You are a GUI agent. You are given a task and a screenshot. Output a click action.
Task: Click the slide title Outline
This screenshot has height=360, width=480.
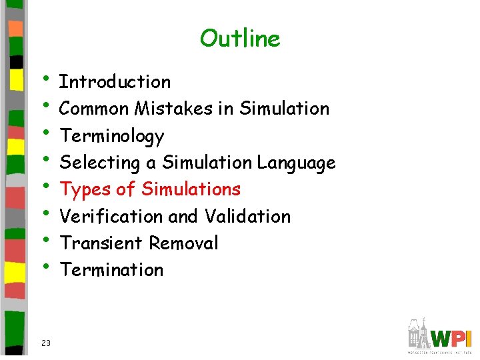[x=240, y=39]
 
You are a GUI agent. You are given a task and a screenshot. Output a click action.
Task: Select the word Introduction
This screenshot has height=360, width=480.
[x=115, y=82]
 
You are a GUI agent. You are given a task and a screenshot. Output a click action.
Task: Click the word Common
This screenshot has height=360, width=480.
[x=94, y=109]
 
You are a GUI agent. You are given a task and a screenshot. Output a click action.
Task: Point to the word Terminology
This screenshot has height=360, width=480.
[x=112, y=136]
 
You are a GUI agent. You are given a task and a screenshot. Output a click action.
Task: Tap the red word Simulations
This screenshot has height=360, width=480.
[x=191, y=189]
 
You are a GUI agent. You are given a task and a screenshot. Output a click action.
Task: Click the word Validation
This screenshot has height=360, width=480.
[x=247, y=217]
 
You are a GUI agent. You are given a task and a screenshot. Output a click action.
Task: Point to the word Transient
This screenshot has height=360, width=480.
[x=102, y=243]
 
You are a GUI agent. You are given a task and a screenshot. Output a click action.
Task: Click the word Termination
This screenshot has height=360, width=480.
[x=111, y=270]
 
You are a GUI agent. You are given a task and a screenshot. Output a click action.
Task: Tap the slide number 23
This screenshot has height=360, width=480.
[x=46, y=343]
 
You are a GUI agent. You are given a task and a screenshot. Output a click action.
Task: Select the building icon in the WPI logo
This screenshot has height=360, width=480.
[x=418, y=333]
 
